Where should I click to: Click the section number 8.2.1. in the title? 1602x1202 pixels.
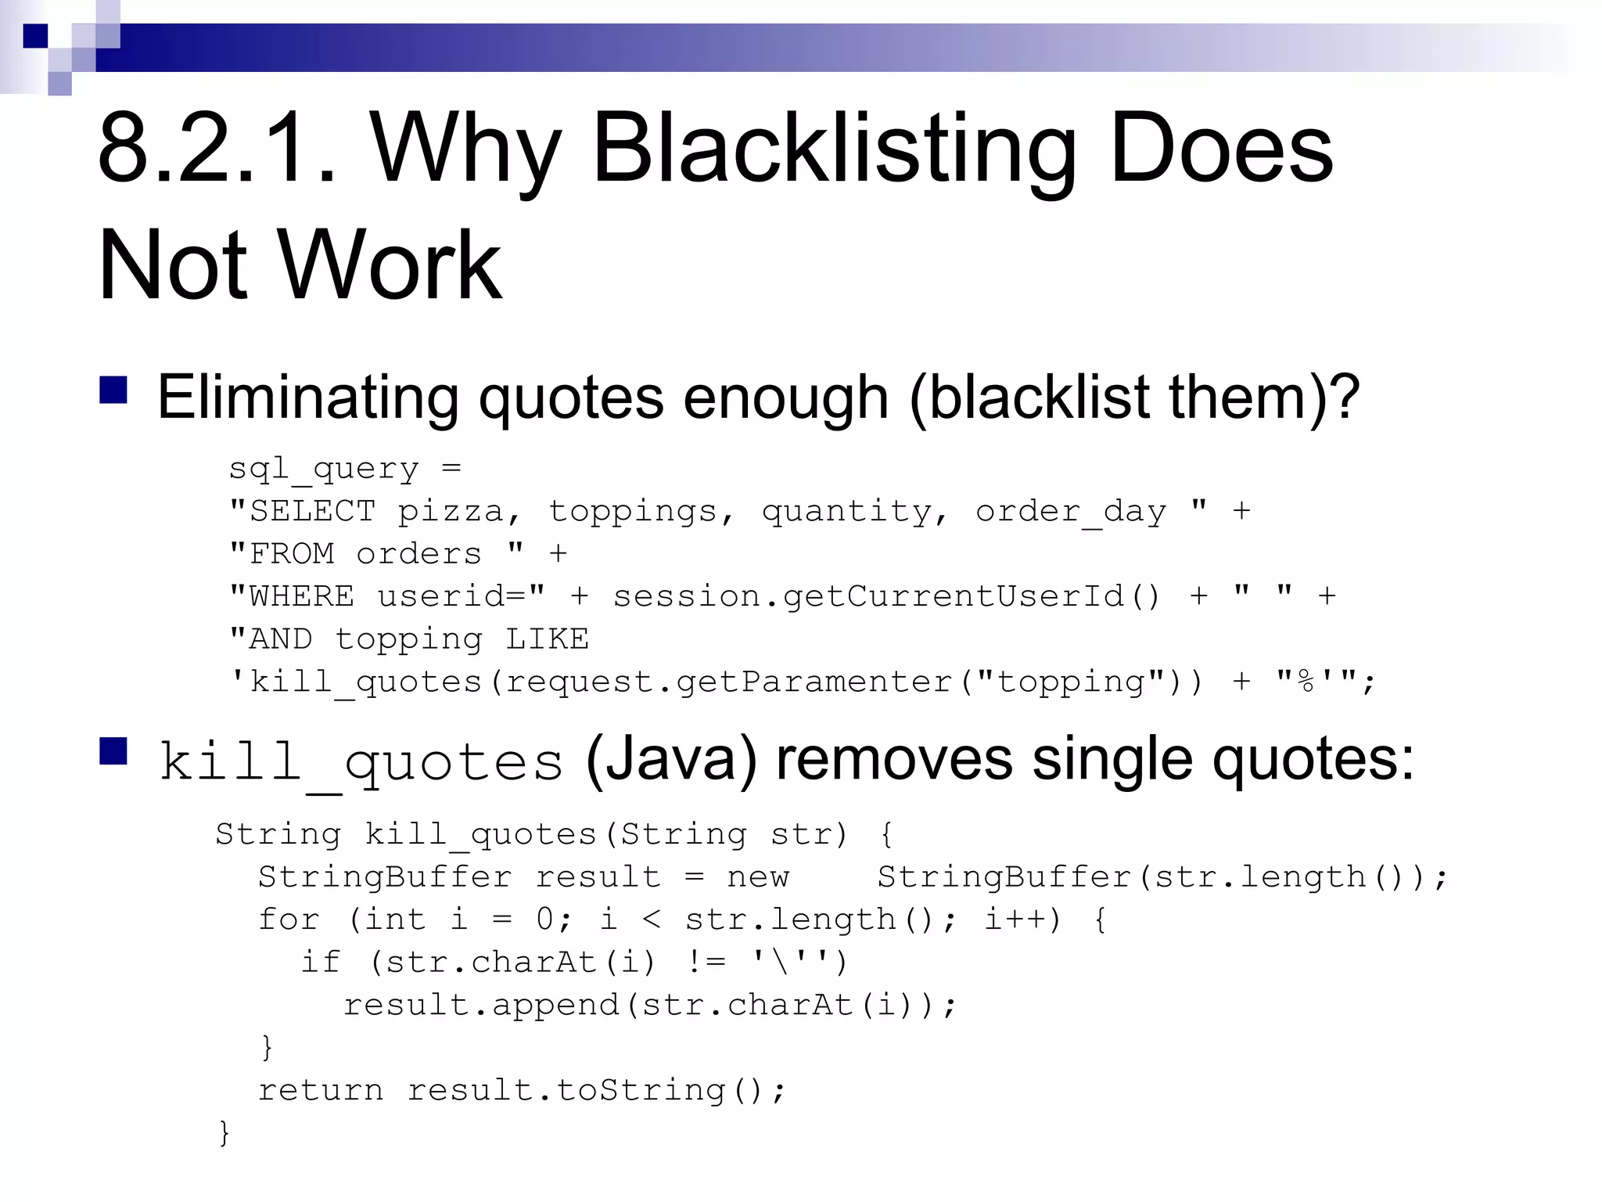[x=217, y=149]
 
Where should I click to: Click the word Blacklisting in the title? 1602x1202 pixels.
[x=834, y=149]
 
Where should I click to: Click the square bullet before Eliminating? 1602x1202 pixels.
[x=113, y=390]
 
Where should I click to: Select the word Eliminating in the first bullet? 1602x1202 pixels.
[x=307, y=398]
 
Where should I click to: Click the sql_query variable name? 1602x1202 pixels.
[x=323, y=470]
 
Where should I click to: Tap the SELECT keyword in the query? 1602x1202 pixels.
[x=312, y=512]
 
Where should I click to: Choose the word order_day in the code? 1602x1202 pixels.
[x=1070, y=512]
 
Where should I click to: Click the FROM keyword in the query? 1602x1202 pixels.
[x=291, y=554]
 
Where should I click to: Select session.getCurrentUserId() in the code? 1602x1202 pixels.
[x=886, y=597]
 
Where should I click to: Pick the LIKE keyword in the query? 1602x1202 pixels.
[x=547, y=639]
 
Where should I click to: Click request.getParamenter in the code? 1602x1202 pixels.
[x=727, y=682]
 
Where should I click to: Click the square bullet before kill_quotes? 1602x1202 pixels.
[x=113, y=751]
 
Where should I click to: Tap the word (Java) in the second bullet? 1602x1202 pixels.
[x=671, y=759]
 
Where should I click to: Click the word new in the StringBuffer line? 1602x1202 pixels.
[x=758, y=877]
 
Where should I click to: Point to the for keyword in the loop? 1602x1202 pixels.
[x=289, y=919]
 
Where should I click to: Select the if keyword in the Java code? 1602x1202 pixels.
[x=321, y=963]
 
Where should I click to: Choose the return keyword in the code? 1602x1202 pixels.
[x=321, y=1090]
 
